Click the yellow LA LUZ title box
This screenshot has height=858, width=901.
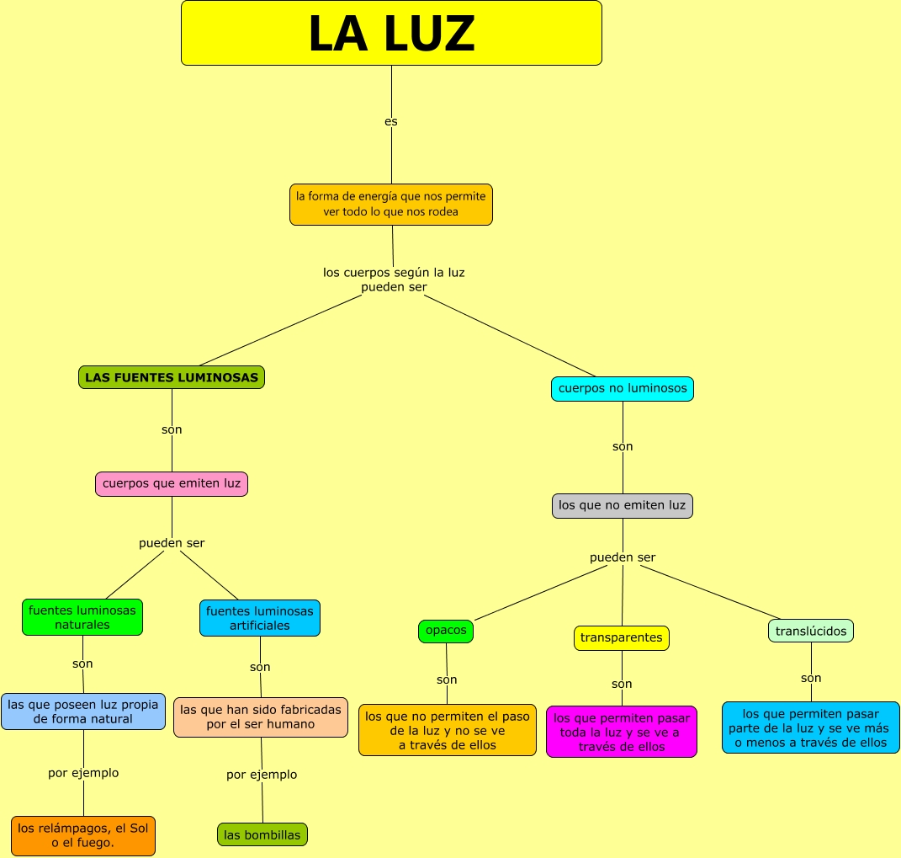391,33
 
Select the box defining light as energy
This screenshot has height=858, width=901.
391,205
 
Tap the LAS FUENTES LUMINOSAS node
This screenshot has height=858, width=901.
172,377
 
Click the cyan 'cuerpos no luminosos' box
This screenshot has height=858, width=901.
623,388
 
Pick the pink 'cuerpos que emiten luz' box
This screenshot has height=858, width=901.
172,483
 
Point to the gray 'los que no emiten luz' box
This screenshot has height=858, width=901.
623,505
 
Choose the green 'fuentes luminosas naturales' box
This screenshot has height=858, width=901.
82,617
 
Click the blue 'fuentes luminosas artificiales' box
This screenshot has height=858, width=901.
260,618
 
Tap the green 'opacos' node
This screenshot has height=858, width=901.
446,631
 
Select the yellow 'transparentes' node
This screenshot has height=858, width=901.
622,637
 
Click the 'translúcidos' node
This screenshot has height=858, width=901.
811,631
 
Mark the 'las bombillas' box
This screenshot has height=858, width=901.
262,834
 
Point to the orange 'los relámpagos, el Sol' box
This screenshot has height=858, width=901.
83,835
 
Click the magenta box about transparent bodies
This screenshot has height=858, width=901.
622,732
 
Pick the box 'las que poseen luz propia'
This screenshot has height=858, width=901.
83,711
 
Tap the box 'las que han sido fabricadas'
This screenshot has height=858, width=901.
261,717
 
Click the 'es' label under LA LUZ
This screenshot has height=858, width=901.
391,121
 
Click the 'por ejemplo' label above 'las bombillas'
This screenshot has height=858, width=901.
262,775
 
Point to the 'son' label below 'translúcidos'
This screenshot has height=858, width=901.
811,678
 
